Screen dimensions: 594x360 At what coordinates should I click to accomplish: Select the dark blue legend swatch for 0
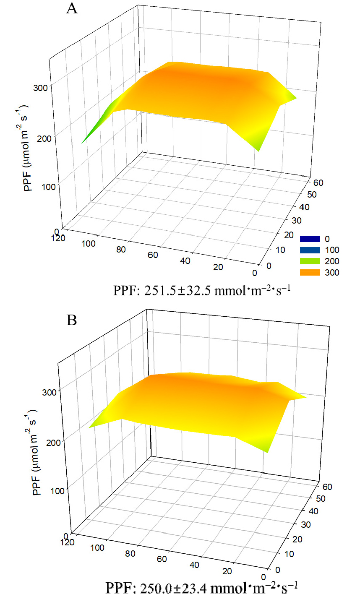(x=310, y=239)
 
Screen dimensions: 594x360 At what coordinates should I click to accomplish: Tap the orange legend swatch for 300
(x=310, y=273)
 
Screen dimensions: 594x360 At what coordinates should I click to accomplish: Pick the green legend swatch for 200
(x=310, y=261)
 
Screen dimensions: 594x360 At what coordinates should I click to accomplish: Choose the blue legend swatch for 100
(x=310, y=250)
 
